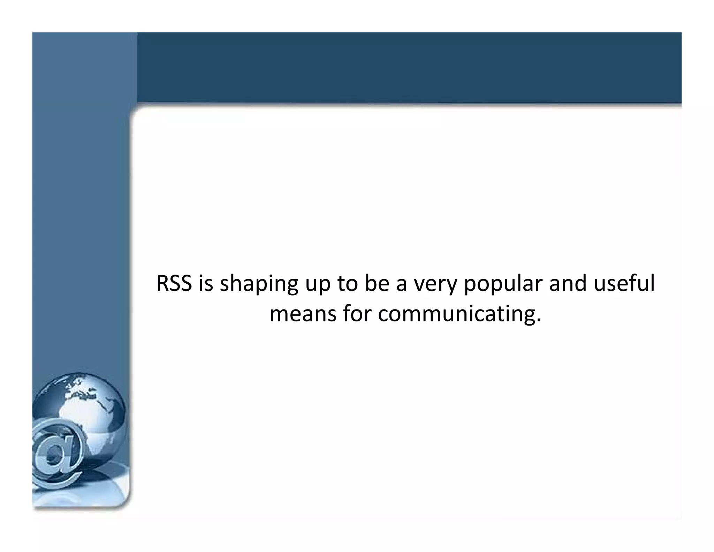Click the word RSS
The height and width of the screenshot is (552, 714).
click(174, 283)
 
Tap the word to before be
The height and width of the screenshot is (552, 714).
click(348, 284)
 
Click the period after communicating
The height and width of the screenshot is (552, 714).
click(539, 321)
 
